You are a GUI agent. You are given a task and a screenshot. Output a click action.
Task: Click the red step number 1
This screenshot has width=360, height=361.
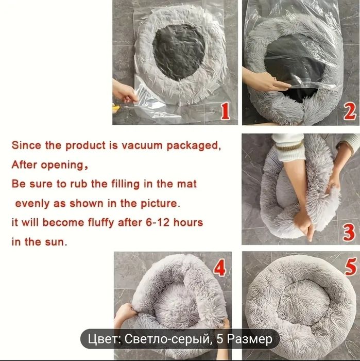[225, 111]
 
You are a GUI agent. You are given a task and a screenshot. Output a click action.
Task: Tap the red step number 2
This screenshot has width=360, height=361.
[350, 111]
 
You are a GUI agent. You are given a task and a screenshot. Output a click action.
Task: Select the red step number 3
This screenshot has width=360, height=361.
[349, 232]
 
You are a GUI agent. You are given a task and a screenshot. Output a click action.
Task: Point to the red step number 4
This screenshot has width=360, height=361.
[219, 268]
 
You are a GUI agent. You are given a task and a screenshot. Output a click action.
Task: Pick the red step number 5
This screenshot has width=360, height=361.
[351, 267]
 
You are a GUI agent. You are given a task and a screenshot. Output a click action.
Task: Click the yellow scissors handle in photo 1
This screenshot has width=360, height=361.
[116, 108]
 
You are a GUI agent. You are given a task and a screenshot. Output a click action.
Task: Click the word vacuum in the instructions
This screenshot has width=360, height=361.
[142, 145]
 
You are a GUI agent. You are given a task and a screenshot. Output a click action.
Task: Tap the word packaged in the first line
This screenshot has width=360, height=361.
[194, 146]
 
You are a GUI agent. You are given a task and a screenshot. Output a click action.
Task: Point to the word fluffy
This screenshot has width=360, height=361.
[101, 223]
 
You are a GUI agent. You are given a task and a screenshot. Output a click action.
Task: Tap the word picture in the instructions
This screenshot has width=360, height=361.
[160, 204]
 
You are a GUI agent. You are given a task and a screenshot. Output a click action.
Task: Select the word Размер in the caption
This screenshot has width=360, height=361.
[250, 339]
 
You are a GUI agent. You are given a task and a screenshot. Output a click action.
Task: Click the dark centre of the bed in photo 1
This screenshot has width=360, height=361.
[179, 52]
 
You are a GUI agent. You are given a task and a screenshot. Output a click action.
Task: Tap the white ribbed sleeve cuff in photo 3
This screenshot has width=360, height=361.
[290, 151]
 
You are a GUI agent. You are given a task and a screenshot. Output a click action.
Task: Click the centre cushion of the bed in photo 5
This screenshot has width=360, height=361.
[303, 301]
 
